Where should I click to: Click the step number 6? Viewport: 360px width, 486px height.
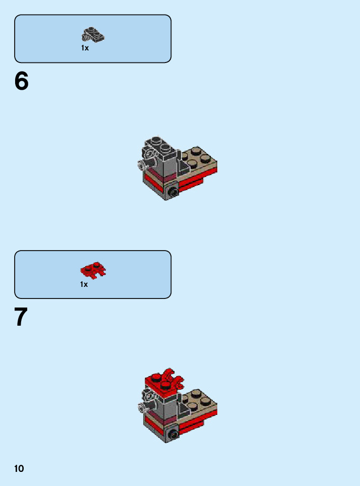(21, 81)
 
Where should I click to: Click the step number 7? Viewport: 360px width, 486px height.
(21, 317)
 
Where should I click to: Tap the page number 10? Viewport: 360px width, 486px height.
(19, 468)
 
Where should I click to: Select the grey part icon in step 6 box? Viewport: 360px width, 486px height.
(93, 34)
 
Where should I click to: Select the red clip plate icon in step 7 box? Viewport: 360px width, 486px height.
(93, 270)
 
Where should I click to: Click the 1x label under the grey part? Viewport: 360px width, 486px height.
(85, 48)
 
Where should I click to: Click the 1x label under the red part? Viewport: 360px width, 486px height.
(84, 284)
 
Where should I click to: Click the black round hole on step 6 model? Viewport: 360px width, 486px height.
(172, 193)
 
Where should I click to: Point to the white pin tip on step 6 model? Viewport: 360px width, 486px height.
(141, 164)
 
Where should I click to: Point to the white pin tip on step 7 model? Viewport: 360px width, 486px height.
(141, 407)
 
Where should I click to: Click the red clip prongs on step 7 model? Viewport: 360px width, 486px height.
(173, 378)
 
